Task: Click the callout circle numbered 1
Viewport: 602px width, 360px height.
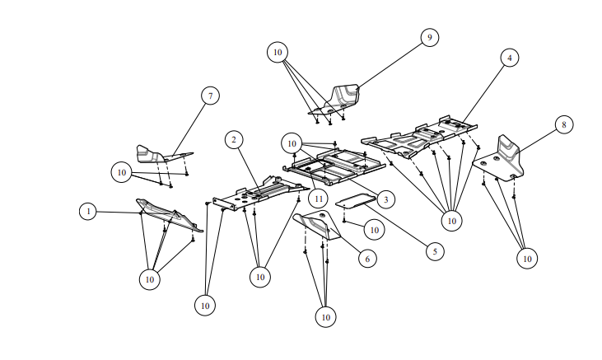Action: point(88,212)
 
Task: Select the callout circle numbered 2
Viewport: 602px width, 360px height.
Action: point(235,140)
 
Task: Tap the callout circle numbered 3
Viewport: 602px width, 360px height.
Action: point(385,199)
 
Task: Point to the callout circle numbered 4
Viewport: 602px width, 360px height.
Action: point(510,58)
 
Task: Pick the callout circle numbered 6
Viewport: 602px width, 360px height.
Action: point(367,258)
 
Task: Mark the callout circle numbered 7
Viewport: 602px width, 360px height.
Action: point(211,96)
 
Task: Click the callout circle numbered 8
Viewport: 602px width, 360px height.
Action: point(563,124)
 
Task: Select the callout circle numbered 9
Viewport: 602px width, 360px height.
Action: point(429,37)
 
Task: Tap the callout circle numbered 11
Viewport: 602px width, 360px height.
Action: point(319,198)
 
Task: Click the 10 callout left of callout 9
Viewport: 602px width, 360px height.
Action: point(278,52)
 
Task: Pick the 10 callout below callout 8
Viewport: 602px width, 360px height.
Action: point(527,258)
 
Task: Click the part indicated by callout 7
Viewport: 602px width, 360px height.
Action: point(156,153)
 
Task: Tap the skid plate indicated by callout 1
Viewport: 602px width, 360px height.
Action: point(169,213)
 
